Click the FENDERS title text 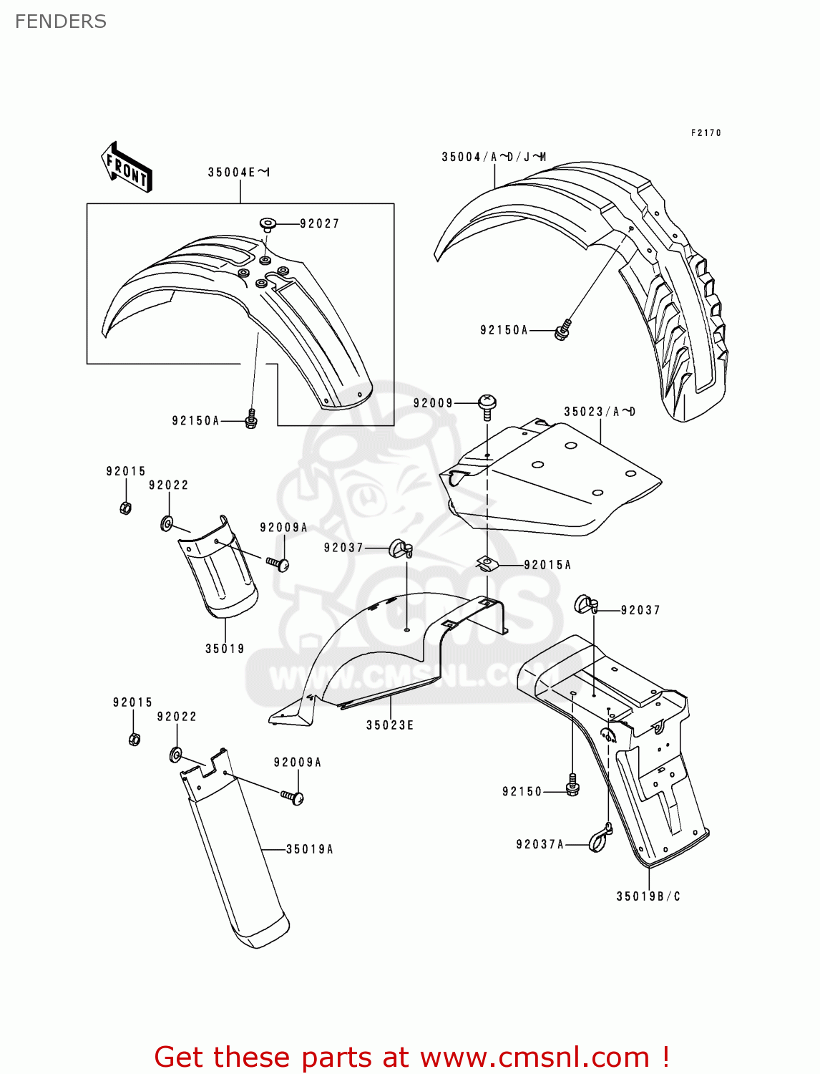pyautogui.click(x=61, y=21)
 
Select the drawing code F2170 pyautogui.click(x=706, y=132)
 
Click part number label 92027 pyautogui.click(x=319, y=224)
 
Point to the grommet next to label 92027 pyautogui.click(x=268, y=224)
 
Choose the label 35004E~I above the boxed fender pyautogui.click(x=239, y=173)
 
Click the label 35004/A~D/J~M pyautogui.click(x=494, y=157)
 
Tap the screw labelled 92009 pyautogui.click(x=487, y=406)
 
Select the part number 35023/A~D pyautogui.click(x=600, y=412)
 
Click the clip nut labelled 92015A pyautogui.click(x=487, y=564)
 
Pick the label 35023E pyautogui.click(x=390, y=725)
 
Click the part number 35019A pyautogui.click(x=310, y=849)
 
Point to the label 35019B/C pyautogui.click(x=648, y=896)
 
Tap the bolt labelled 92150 pyautogui.click(x=572, y=785)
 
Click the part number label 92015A pyautogui.click(x=547, y=565)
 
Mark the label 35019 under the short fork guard pyautogui.click(x=225, y=649)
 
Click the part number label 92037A pyautogui.click(x=540, y=845)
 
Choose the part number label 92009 pyautogui.click(x=433, y=403)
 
